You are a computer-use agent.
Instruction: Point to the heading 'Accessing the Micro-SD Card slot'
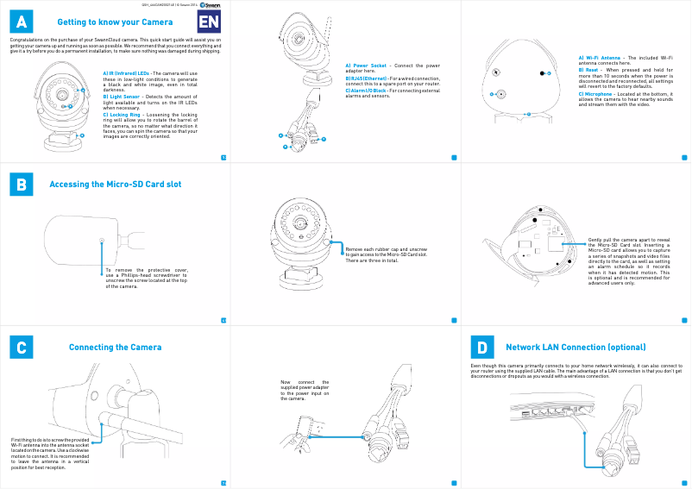pyautogui.click(x=115, y=185)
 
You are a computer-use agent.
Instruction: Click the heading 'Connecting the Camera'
pyautogui.click(x=115, y=348)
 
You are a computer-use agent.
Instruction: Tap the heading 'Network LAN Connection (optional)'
pyautogui.click(x=576, y=348)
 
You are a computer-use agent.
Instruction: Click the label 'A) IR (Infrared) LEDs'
pyautogui.click(x=126, y=74)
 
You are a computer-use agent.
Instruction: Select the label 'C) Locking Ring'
pyautogui.click(x=122, y=114)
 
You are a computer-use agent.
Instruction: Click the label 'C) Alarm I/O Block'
pyautogui.click(x=366, y=90)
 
